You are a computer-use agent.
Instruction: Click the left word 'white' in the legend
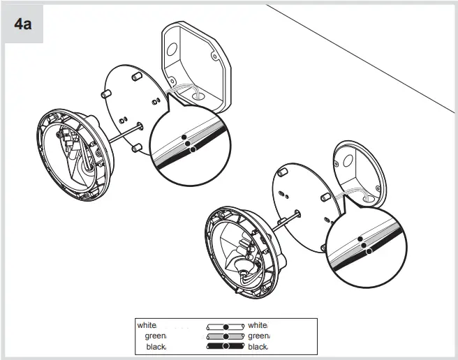pos(147,325)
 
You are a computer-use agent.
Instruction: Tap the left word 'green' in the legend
pos(155,336)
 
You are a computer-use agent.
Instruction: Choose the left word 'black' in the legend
pos(156,346)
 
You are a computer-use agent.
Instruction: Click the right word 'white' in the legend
pos(258,325)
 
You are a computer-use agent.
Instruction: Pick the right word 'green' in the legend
pos(258,336)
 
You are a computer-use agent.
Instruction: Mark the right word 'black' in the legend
pos(258,346)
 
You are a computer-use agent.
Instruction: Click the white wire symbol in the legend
pos(226,326)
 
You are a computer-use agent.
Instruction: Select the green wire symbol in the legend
pos(226,336)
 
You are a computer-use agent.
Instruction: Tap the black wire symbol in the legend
pos(226,346)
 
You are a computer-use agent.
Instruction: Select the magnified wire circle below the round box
pos(363,244)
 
